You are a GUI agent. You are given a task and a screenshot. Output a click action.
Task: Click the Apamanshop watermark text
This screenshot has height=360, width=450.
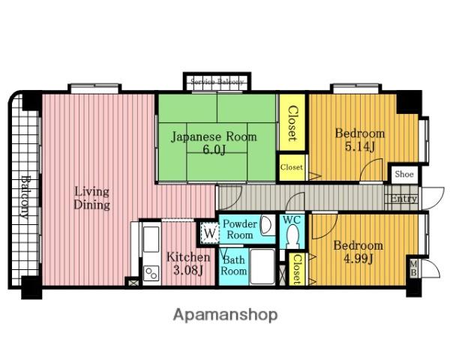pos(225,315)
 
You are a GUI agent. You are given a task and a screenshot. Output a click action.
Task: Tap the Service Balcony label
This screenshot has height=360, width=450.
pos(217,82)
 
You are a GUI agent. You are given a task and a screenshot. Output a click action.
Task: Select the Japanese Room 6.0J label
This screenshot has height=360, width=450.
pos(214,143)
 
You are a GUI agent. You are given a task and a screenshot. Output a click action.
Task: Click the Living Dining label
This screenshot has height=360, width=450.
pos(91,198)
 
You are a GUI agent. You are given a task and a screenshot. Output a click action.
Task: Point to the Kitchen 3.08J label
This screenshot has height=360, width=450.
pos(188,263)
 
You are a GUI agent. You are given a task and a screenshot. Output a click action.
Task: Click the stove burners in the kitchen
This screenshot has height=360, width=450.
pos(151,273)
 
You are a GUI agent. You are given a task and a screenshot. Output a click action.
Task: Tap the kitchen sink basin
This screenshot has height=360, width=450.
pos(151,239)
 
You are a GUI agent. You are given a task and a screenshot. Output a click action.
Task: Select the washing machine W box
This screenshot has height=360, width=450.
pos(209,233)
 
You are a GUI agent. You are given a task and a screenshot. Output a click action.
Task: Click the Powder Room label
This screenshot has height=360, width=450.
pos(240,229)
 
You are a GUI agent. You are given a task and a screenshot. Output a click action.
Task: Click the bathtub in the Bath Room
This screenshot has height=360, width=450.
pos(262,267)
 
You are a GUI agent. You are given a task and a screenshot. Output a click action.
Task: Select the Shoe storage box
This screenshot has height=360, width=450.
pos(404,174)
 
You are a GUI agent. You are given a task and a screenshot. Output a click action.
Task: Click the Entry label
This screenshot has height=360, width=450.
pos(404,198)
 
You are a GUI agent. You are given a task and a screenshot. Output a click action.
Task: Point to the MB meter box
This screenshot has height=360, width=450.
pos(413,268)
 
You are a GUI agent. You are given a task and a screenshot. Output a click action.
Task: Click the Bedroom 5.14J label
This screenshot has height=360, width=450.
pos(360,140)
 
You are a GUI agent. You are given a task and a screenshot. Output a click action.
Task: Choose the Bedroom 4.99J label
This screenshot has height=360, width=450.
pos(358,252)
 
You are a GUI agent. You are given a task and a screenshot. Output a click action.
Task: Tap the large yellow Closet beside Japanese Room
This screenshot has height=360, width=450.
pos(292,122)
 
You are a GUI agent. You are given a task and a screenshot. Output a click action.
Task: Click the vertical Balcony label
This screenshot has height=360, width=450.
pos(25,197)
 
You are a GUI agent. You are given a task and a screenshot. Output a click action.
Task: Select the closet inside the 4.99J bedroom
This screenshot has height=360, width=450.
pos(296,269)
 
